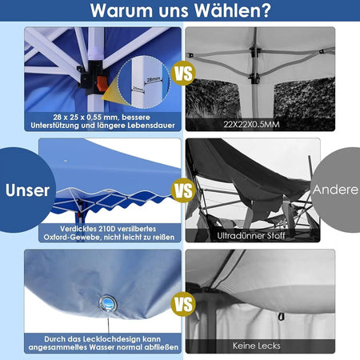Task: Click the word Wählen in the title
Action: [232, 10]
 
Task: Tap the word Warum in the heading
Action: [122, 10]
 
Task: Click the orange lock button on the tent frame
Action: [102, 84]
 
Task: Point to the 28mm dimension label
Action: [154, 79]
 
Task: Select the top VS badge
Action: [183, 73]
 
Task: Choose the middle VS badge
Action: [183, 190]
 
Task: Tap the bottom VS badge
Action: [183, 304]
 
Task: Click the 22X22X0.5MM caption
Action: [251, 124]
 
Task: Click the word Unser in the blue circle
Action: [27, 190]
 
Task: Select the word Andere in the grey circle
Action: [335, 190]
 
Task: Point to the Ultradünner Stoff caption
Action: [251, 236]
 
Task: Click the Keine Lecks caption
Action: [257, 346]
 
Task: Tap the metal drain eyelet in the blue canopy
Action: [108, 303]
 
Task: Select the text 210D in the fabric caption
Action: [107, 229]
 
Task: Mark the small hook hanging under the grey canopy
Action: [281, 317]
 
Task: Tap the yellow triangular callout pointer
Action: [111, 92]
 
